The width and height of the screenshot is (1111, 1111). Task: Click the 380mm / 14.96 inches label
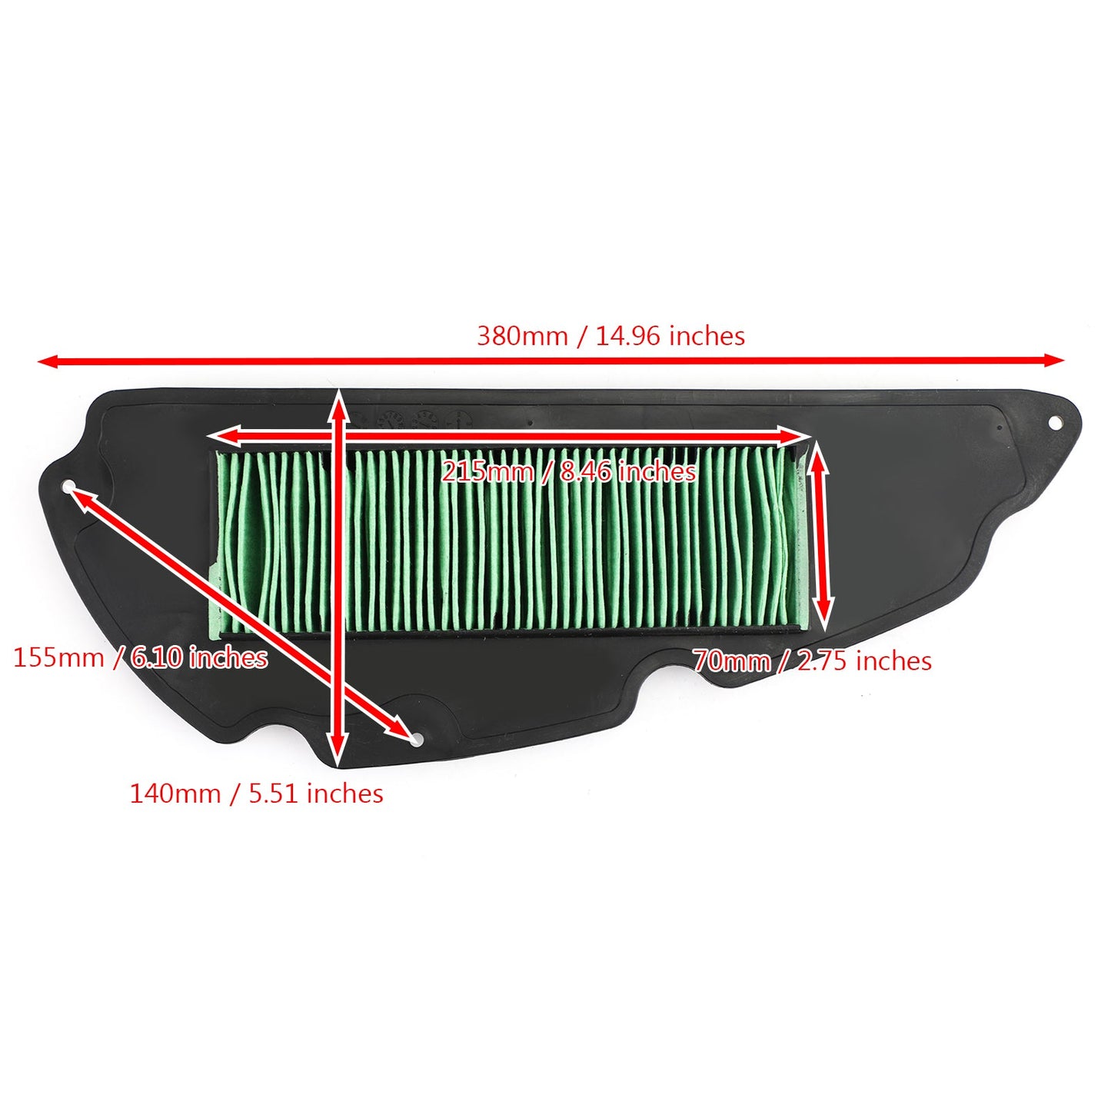point(610,336)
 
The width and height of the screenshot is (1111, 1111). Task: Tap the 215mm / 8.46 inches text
point(569,471)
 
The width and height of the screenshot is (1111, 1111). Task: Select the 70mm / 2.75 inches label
point(812,661)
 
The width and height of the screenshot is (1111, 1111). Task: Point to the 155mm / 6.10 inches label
point(140,657)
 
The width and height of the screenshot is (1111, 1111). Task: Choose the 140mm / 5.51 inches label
point(256,793)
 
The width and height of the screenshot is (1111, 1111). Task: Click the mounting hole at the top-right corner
point(1056,422)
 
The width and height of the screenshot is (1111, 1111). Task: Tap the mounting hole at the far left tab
point(69,486)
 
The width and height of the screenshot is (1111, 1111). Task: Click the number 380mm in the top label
point(522,336)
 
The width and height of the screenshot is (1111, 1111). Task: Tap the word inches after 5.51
point(344,793)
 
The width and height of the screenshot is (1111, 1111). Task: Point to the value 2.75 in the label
point(823,661)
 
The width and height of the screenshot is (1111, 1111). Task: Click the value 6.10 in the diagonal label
point(157,657)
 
